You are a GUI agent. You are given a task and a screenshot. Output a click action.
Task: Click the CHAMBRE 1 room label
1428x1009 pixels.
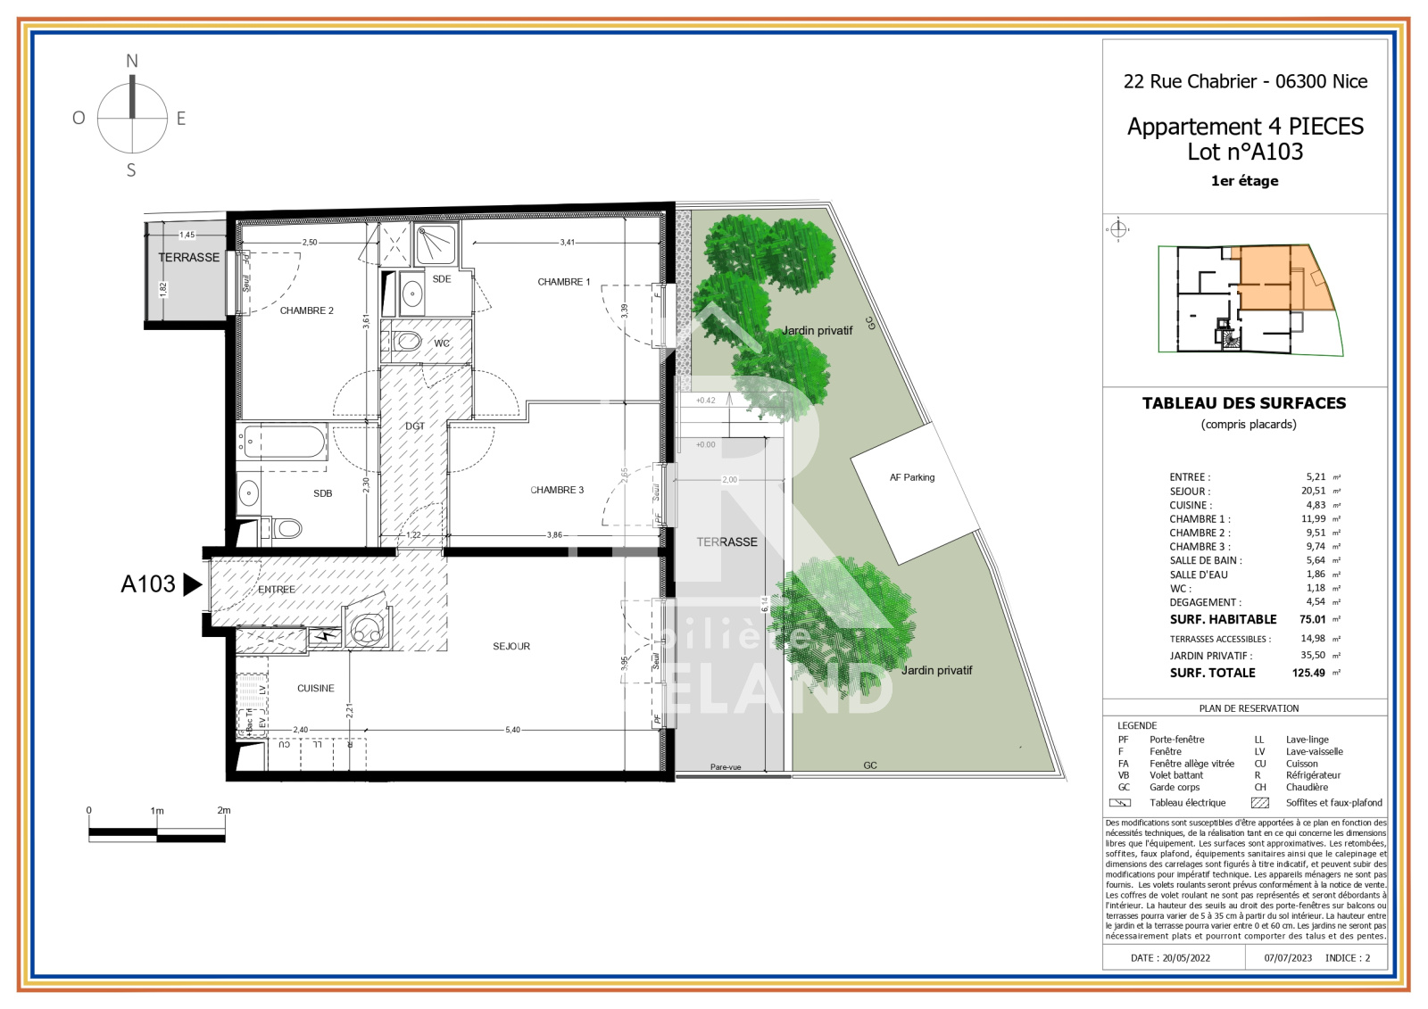coord(563,282)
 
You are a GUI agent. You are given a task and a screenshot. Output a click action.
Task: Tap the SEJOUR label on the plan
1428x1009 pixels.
coord(511,646)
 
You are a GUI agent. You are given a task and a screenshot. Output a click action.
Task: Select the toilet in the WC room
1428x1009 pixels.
coord(408,341)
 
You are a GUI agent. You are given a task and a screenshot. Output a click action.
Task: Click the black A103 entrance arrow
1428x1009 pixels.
coord(192,584)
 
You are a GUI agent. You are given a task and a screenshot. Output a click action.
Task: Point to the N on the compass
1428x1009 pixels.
coord(132,62)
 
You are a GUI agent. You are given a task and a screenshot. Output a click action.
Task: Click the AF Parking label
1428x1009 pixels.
coord(912,477)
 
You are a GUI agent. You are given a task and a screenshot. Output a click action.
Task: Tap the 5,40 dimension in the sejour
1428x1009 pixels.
coord(512,730)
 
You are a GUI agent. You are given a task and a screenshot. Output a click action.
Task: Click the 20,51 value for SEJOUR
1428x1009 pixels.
coord(1313,491)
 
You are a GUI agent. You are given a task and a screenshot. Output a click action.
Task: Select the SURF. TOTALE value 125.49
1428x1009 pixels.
coord(1308,673)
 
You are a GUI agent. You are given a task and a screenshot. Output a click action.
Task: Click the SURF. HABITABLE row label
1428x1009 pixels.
coord(1223,619)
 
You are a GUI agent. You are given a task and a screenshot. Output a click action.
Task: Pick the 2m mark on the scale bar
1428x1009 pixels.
coord(224,810)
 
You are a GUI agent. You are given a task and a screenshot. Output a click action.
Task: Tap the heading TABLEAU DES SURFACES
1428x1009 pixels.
coord(1244,403)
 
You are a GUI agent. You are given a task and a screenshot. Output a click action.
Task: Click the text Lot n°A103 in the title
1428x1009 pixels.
coord(1245,153)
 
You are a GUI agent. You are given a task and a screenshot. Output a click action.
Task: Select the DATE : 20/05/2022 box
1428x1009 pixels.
coord(1170,957)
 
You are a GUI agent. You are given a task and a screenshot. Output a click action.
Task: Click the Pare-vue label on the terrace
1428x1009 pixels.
coord(726,767)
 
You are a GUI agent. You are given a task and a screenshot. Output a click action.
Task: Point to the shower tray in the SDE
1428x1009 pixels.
coord(436,244)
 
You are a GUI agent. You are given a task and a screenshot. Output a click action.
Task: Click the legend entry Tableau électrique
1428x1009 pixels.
coord(1187,803)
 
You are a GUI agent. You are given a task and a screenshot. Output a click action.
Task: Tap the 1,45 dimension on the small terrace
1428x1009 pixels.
coord(187,235)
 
